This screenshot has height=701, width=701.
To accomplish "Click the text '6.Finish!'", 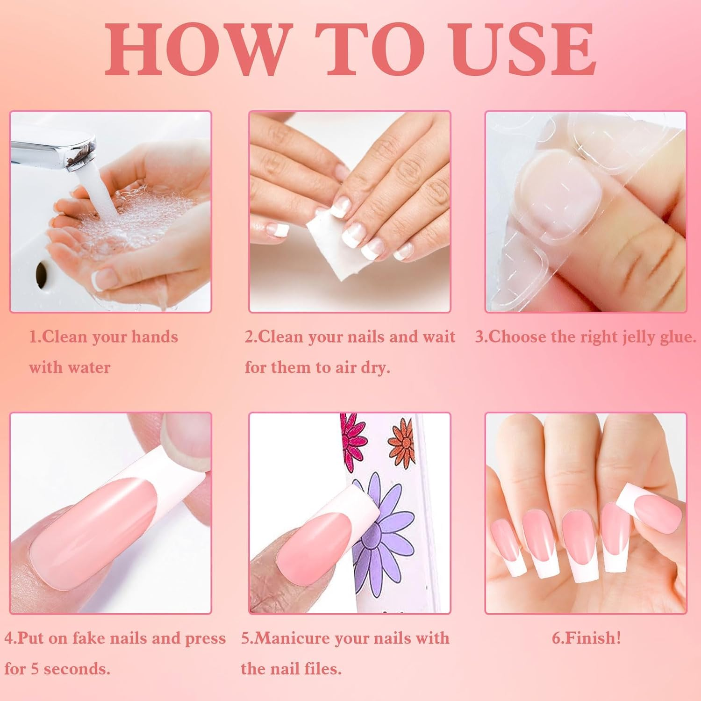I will click(x=586, y=638).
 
